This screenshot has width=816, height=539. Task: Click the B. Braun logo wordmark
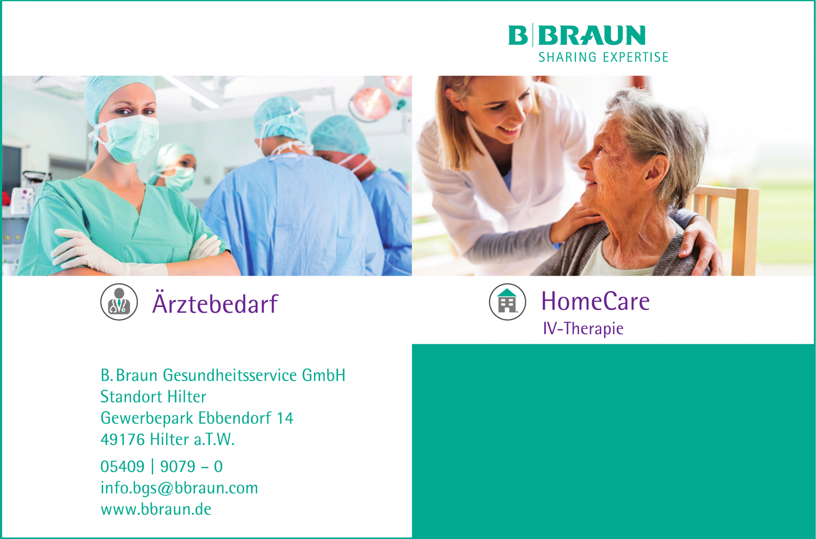pos(576,35)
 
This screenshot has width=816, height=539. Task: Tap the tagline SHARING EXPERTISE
pos(603,57)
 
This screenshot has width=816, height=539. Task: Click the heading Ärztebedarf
pos(215,304)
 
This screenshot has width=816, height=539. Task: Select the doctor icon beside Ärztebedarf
pos(119,302)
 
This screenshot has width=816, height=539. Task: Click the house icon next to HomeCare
pos(507,302)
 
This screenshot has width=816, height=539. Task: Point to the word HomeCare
pos(595,301)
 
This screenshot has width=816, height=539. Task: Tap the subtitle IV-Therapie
pos(583,329)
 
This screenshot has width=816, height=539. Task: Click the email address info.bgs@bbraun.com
pos(179,488)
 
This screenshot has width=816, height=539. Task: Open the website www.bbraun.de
pos(156,510)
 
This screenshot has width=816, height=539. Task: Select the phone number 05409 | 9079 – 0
pos(161,466)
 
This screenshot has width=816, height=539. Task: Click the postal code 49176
pos(122,440)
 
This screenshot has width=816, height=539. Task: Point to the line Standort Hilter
pos(153,397)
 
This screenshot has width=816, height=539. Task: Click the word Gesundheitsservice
pos(229,375)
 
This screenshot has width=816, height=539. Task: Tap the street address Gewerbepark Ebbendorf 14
pos(196,418)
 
